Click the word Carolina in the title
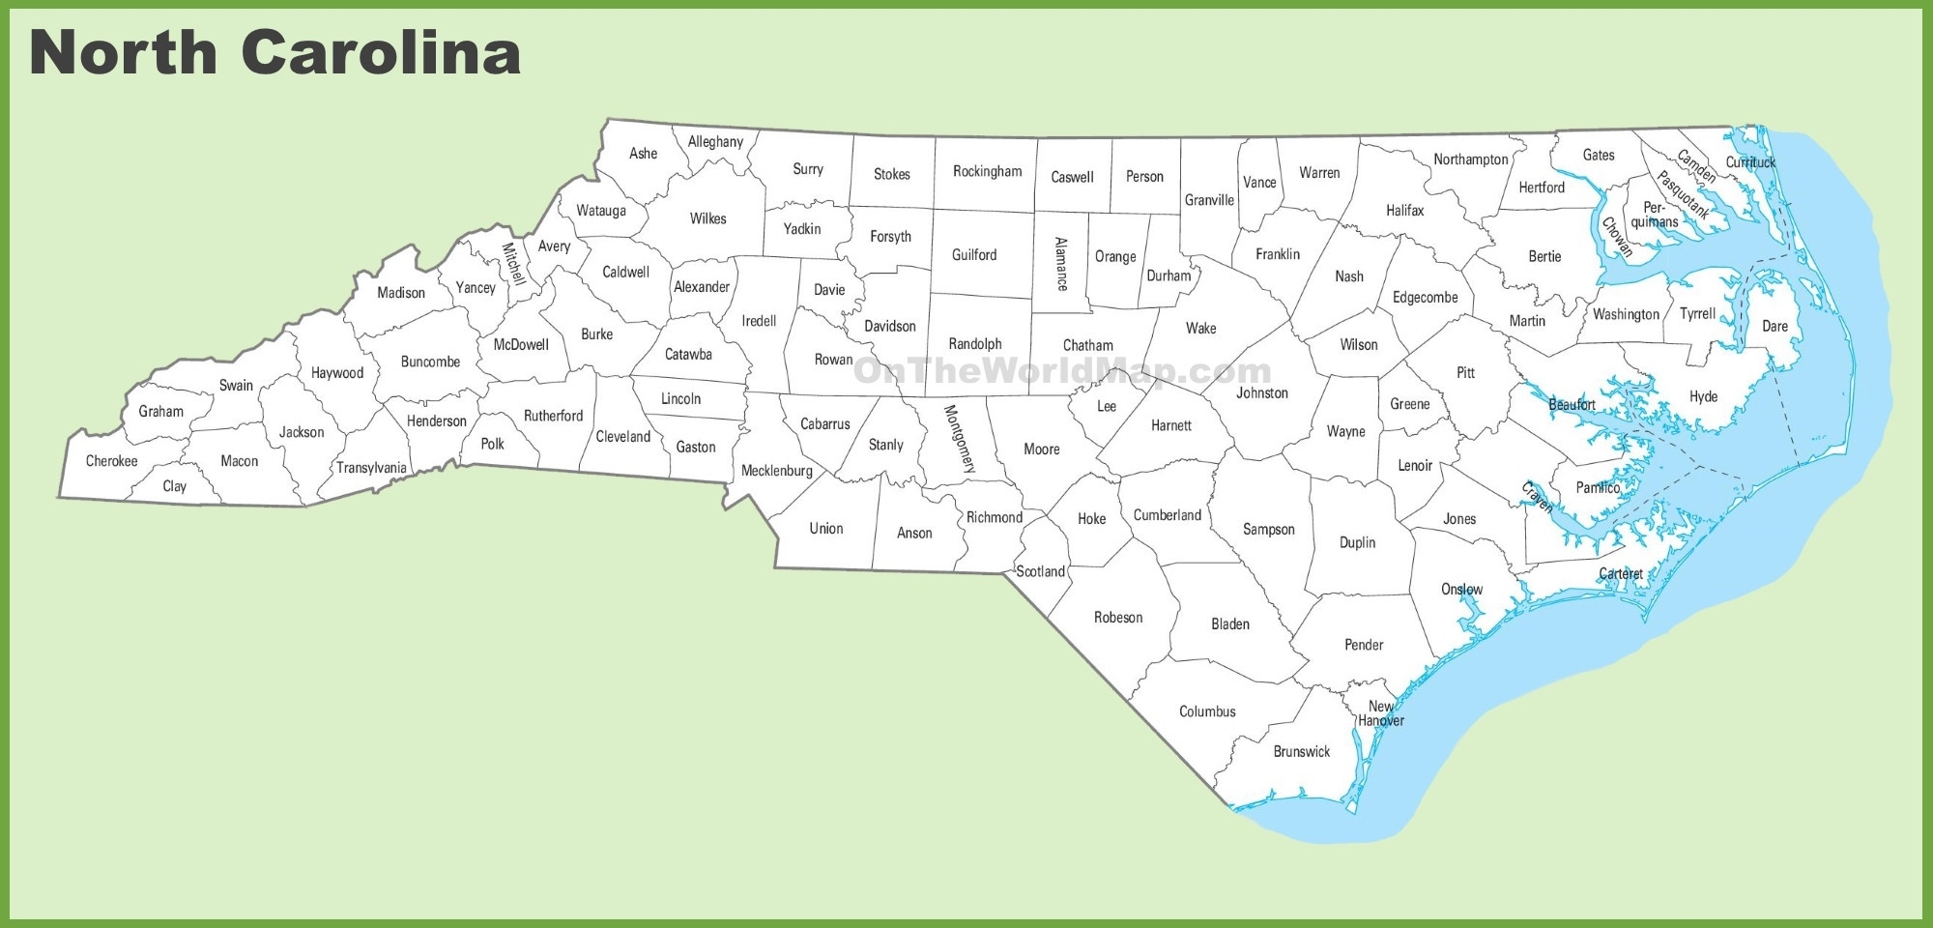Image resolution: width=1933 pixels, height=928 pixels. pos(381,52)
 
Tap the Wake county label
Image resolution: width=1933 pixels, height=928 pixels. pos(1200,329)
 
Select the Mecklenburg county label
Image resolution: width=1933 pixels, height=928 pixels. pos(776,471)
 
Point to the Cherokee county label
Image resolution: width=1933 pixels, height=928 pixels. pos(111,461)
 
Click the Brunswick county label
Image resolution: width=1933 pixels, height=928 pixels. pos(1301,752)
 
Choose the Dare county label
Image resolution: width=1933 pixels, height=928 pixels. pos(1774,327)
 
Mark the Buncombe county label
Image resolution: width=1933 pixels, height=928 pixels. pos(430,362)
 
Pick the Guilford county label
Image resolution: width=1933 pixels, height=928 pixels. pos(973,255)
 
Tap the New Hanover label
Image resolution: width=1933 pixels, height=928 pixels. pos(1380,713)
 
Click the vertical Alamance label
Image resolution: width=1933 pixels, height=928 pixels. pos(1061,264)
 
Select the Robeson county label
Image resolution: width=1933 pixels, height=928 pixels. pos(1117,618)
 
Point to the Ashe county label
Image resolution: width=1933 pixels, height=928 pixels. pos(643,154)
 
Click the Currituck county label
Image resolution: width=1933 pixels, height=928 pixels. pos(1750,162)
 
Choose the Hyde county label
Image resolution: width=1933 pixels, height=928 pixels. pos(1703,397)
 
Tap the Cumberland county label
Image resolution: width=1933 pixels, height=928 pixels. pos(1167,515)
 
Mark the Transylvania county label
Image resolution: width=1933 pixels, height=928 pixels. pos(371,468)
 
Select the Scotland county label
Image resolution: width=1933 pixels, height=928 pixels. pos(1040,571)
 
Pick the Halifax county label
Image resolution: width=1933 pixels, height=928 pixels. pos(1404,211)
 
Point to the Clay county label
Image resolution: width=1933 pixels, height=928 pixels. pos(174,486)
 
